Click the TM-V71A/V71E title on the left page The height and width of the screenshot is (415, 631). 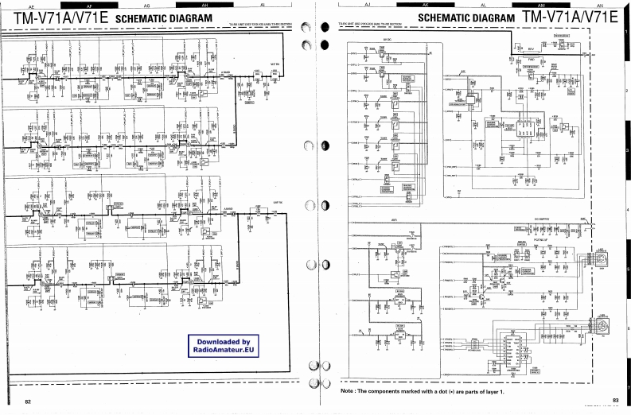55,17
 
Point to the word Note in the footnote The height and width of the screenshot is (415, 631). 348,392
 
